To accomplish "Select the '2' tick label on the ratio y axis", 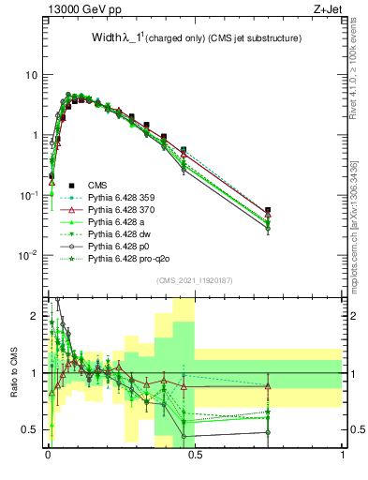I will (35, 316).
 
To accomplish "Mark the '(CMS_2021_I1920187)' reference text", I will (194, 279).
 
